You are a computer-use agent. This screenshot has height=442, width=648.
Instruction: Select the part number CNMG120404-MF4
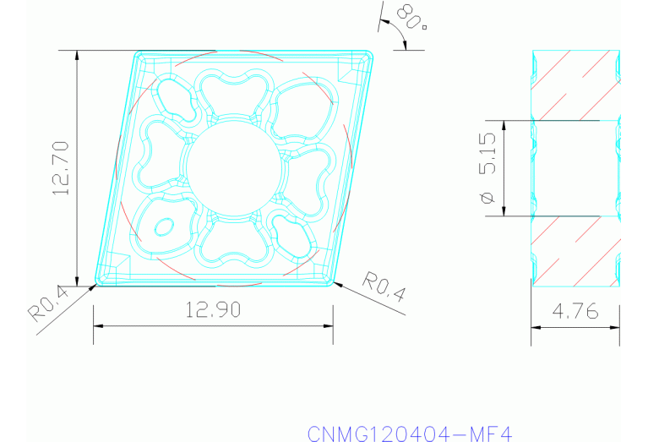(x=410, y=434)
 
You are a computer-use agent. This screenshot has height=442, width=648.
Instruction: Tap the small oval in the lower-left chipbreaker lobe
(x=164, y=226)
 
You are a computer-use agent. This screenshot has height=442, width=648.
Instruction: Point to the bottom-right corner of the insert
(x=330, y=281)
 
